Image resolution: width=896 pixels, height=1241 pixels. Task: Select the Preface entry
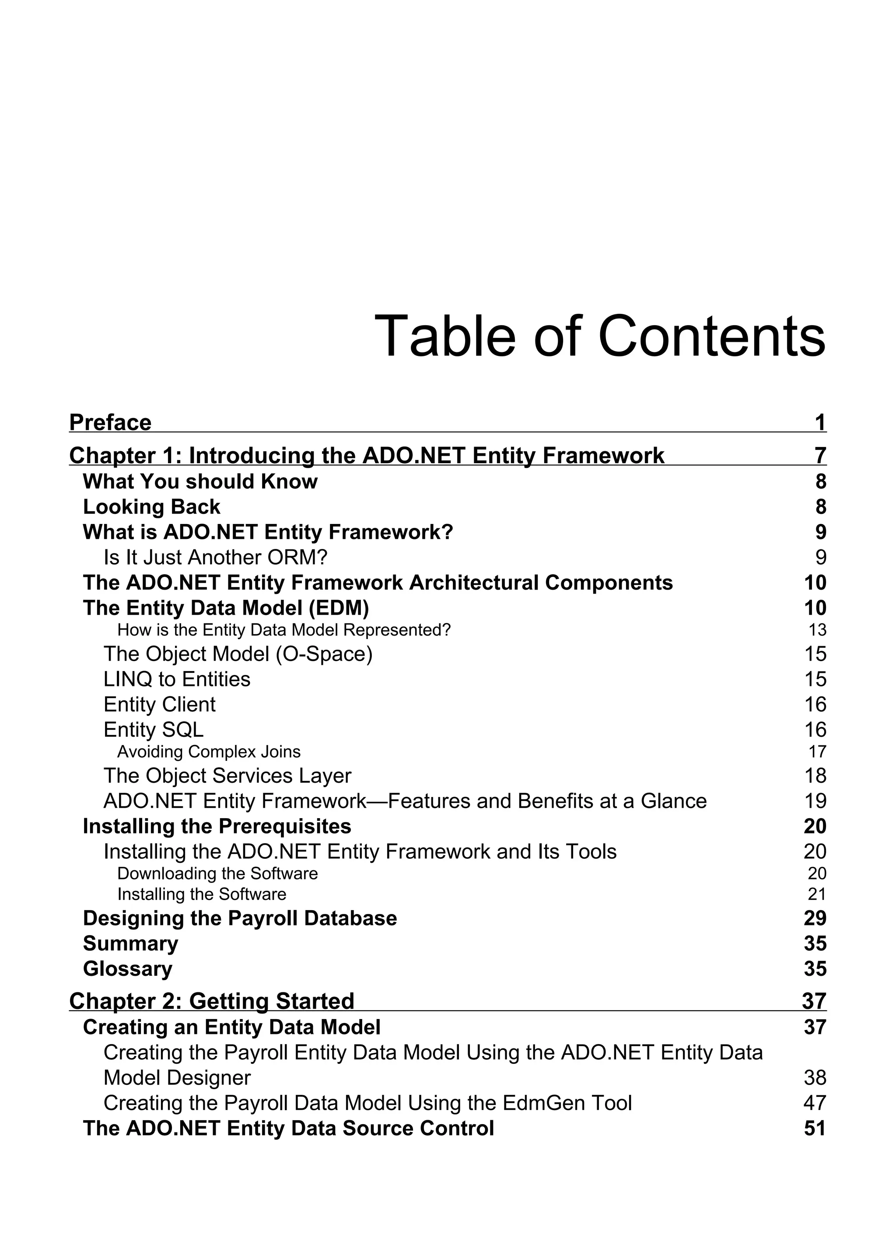coord(110,422)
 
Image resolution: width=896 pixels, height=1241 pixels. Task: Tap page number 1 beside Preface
coord(819,422)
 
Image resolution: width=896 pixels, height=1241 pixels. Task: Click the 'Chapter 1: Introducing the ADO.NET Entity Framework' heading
coord(367,455)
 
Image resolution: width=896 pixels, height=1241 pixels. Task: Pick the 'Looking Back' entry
coord(151,507)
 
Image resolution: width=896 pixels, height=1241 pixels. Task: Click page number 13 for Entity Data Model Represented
coord(817,630)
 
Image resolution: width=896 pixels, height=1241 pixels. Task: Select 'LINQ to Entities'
coord(177,679)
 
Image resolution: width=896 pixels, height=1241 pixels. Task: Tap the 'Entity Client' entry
coord(159,704)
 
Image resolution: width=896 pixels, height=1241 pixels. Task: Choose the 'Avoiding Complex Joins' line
coord(209,752)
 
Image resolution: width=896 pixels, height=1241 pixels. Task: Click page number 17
coord(817,752)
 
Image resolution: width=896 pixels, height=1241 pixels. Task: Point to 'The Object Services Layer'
coord(227,776)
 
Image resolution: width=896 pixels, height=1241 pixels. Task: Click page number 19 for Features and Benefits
coord(815,801)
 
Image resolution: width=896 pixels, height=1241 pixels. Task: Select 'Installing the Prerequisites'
coord(217,826)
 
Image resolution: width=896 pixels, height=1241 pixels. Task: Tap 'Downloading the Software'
coord(217,873)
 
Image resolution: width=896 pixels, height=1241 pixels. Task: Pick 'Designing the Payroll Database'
coord(240,918)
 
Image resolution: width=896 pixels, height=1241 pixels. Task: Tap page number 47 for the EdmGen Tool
coord(815,1103)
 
